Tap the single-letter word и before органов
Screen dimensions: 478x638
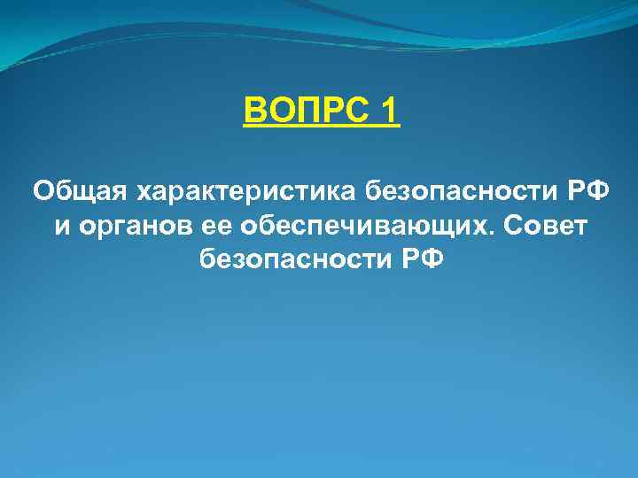(61, 225)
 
